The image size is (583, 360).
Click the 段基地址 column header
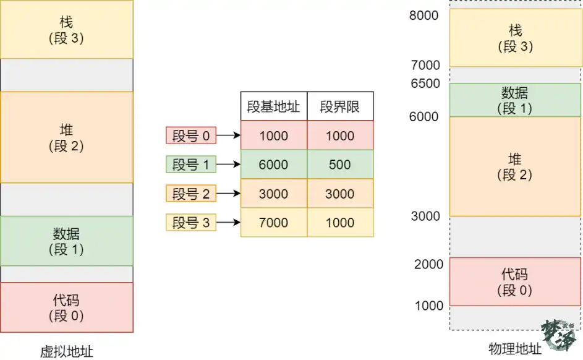click(274, 106)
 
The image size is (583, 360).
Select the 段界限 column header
click(340, 106)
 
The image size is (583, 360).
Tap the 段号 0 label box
click(191, 135)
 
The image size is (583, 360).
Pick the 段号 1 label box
click(191, 165)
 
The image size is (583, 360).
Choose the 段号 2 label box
click(191, 194)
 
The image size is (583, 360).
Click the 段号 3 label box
click(191, 223)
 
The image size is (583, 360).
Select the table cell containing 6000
click(274, 165)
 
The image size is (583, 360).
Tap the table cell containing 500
click(340, 165)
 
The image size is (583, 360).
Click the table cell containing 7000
click(274, 223)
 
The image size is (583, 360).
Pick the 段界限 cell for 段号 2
click(340, 194)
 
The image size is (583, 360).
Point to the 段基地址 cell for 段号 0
click(274, 135)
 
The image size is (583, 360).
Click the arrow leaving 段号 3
click(228, 223)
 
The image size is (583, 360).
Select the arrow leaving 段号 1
click(228, 164)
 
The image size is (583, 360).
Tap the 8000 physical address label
click(424, 15)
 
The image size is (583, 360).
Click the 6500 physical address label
click(425, 84)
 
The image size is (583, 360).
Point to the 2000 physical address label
click(428, 264)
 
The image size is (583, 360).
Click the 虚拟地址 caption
click(67, 351)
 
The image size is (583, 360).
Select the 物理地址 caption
click(515, 349)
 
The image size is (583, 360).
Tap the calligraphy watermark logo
click(560, 334)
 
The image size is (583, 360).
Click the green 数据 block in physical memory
click(516, 100)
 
